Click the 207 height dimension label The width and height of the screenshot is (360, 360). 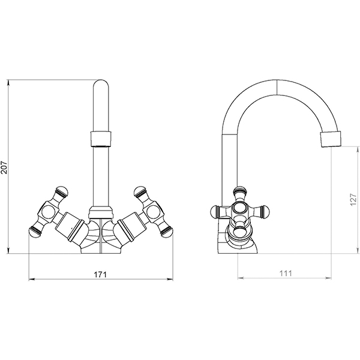click(x=4, y=167)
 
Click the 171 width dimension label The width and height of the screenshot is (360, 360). click(x=100, y=274)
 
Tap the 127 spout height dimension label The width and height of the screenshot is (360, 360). click(x=353, y=200)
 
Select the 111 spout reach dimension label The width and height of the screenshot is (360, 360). click(x=286, y=273)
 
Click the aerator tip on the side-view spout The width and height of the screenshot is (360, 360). click(x=331, y=139)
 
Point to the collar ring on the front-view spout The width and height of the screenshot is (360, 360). click(x=101, y=139)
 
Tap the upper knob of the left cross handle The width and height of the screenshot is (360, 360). click(x=61, y=191)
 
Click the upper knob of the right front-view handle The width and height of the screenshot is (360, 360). click(x=140, y=191)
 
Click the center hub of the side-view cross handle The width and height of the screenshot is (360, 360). click(x=240, y=209)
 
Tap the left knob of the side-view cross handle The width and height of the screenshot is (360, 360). click(x=215, y=211)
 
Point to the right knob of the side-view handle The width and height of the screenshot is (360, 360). click(x=265, y=211)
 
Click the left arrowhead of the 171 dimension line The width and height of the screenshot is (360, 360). click(x=32, y=279)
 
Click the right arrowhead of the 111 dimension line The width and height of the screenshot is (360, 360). click(x=328, y=278)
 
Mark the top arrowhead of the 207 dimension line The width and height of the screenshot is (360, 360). click(x=8, y=83)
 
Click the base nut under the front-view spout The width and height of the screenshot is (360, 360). click(x=101, y=212)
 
